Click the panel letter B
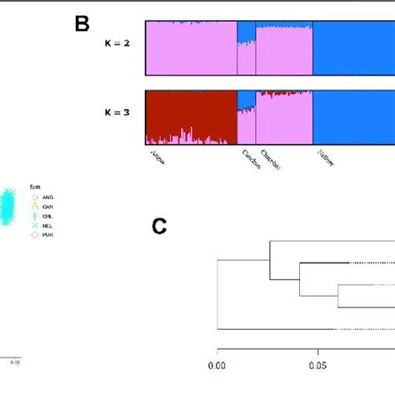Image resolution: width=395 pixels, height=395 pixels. pyautogui.click(x=82, y=24)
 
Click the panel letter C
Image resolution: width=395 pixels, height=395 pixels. pyautogui.click(x=162, y=227)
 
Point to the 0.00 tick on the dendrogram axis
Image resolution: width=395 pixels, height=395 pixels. pyautogui.click(x=217, y=364)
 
